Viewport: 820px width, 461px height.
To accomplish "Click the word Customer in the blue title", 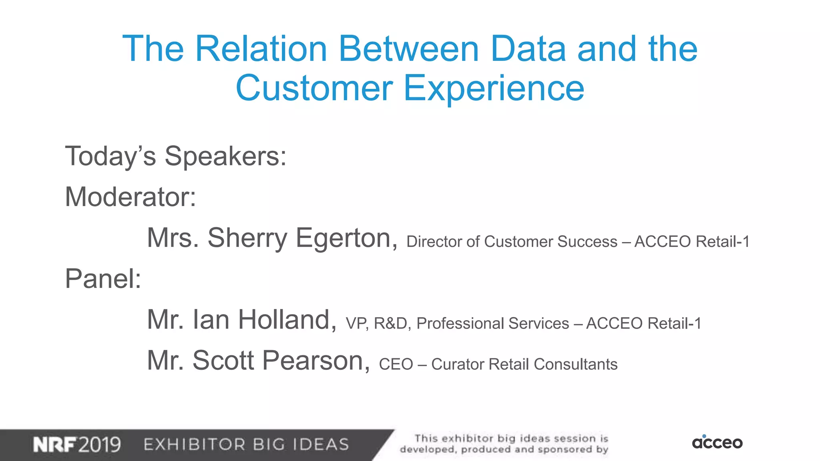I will coord(314,88).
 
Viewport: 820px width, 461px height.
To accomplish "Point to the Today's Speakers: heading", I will coord(176,156).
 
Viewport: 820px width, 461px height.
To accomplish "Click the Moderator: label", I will coord(131,197).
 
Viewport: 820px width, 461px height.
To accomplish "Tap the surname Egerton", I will coord(346,238).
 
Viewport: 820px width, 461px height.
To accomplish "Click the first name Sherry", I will coord(247,238).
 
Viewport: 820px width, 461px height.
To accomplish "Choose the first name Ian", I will coord(211,320).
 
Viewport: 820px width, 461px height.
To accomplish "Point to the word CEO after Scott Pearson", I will coord(396,365).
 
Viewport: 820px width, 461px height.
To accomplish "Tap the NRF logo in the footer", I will coord(54,445).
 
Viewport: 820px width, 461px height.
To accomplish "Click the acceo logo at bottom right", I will coord(717,442).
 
